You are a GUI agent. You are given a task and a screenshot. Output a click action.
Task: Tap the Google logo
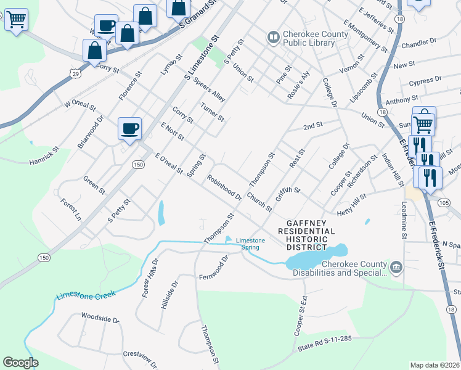[21, 362]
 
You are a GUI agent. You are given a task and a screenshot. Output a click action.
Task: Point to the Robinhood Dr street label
[224, 187]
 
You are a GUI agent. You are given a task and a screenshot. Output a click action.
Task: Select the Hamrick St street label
[44, 156]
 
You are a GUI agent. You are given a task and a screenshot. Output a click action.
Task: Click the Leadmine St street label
[404, 222]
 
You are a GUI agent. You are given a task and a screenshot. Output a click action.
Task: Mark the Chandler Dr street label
[418, 44]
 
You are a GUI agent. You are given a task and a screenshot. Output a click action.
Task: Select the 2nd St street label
[313, 126]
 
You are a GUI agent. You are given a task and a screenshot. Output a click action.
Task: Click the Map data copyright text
[434, 364]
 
